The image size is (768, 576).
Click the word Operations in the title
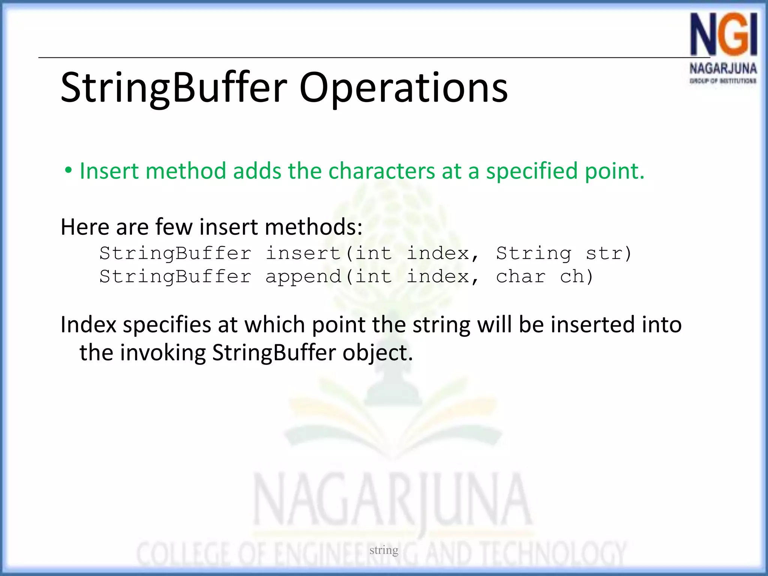pyautogui.click(x=403, y=88)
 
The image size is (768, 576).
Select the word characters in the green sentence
pyautogui.click(x=381, y=171)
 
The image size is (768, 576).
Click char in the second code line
pyautogui.click(x=520, y=277)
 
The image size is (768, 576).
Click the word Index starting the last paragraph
pyautogui.click(x=88, y=325)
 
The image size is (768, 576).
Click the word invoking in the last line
pyautogui.click(x=163, y=353)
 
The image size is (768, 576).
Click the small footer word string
pyautogui.click(x=384, y=550)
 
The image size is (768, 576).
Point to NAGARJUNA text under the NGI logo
pyautogui.click(x=723, y=69)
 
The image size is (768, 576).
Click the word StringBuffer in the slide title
pyautogui.click(x=174, y=88)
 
